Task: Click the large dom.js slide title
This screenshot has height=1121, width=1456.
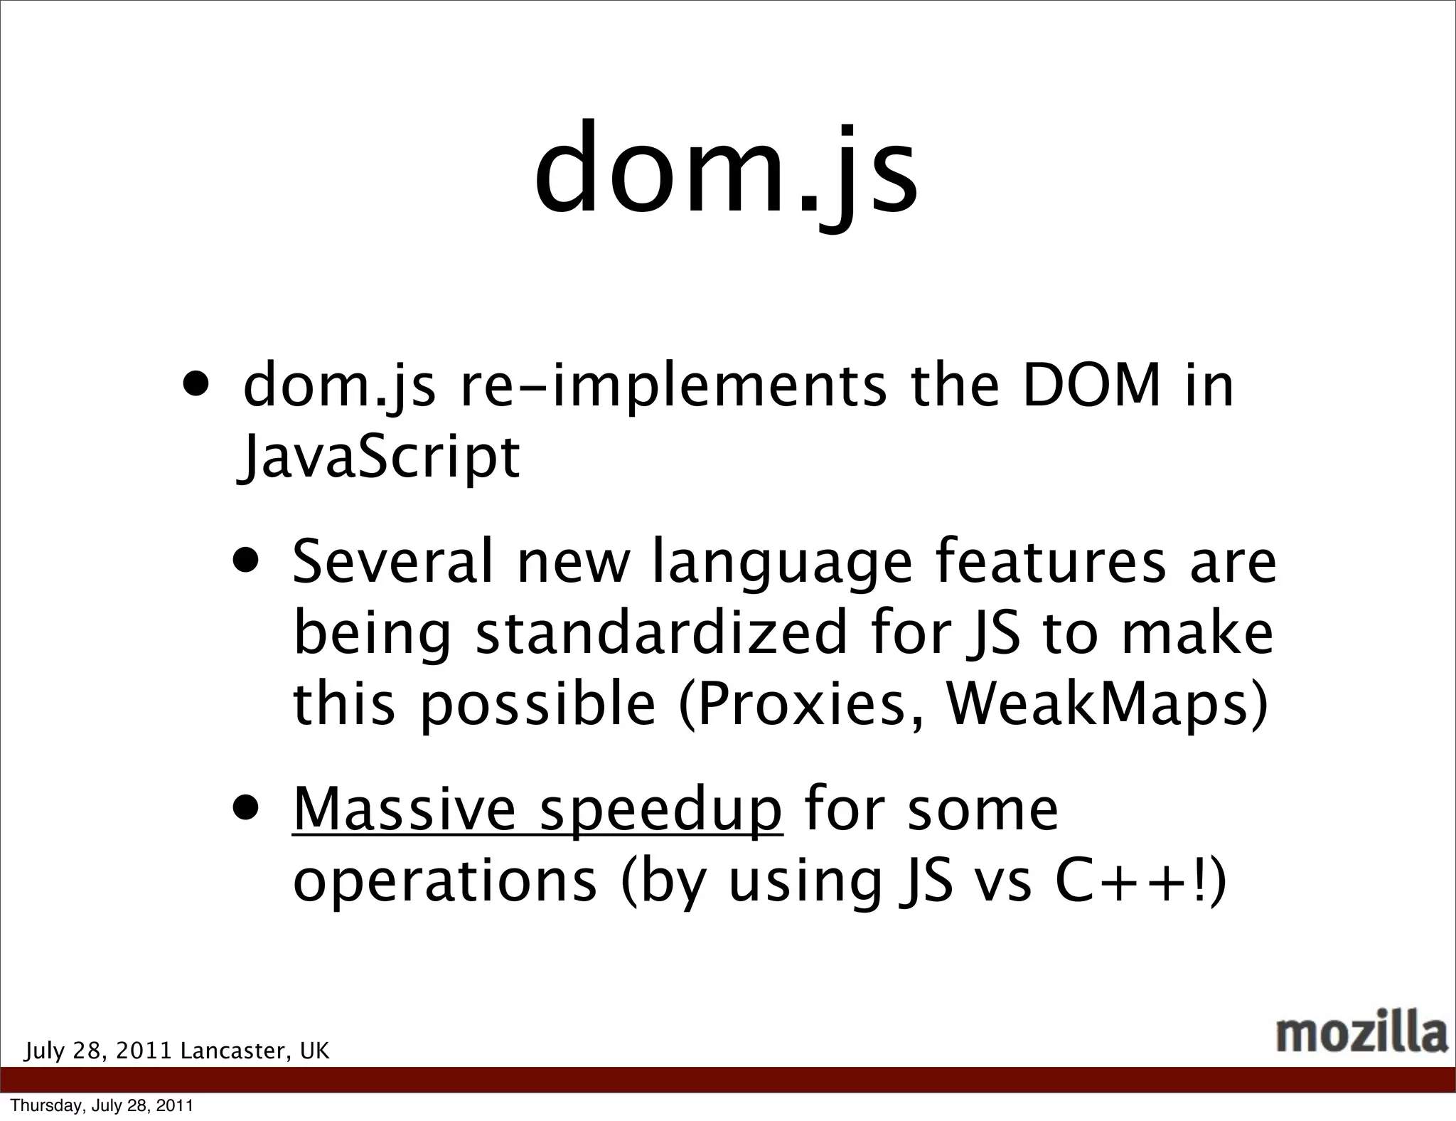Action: point(727,171)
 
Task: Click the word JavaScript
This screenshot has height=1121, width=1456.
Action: point(379,457)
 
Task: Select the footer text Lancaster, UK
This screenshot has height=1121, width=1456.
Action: point(255,1051)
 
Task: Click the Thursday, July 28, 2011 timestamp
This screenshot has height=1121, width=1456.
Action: point(102,1105)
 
